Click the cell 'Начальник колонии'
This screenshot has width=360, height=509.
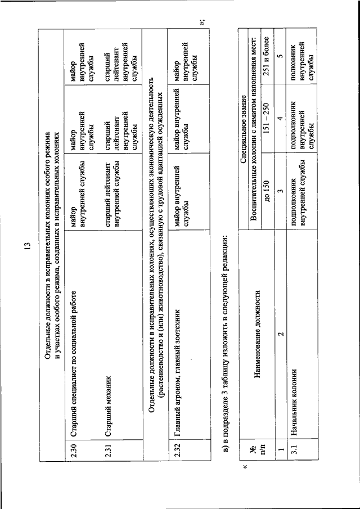click(x=295, y=406)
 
